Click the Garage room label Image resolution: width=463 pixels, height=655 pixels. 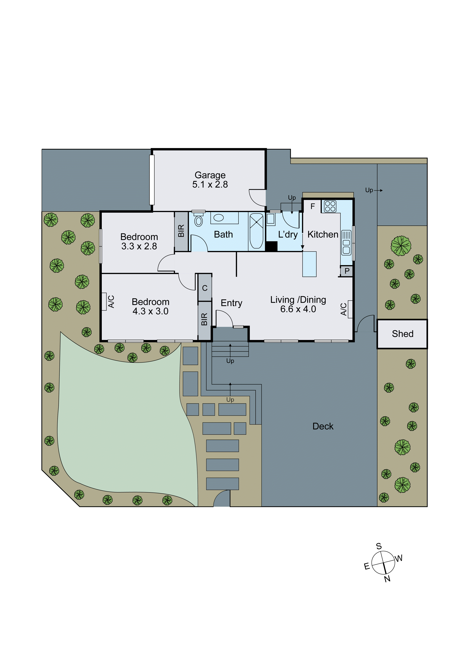click(x=210, y=175)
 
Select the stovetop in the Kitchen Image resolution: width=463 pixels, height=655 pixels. click(x=330, y=206)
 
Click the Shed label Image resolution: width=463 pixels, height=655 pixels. click(x=403, y=334)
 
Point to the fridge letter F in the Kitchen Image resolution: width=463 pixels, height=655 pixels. click(x=313, y=206)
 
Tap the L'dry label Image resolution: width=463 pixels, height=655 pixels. click(x=288, y=234)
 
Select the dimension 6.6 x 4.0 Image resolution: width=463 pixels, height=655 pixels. click(x=298, y=309)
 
